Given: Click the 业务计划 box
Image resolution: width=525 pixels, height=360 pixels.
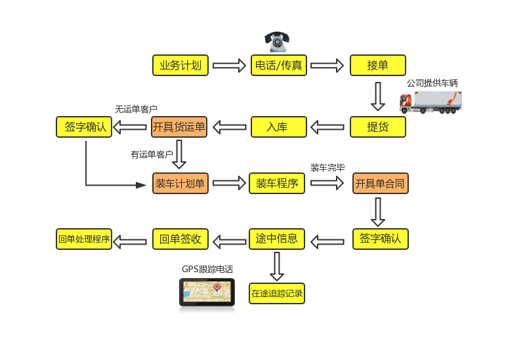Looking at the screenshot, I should pos(180,66).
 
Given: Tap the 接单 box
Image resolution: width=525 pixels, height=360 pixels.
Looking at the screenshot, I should pos(377,66).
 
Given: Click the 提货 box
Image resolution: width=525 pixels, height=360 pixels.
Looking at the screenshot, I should pos(377,127).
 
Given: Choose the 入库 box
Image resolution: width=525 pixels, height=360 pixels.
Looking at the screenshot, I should pos(279,127).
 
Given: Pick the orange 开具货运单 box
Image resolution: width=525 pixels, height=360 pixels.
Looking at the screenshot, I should pos(179,127).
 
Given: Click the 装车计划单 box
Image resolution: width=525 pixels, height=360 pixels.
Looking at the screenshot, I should pos(180,183).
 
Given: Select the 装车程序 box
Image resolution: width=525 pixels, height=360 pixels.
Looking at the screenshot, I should pos(277,183).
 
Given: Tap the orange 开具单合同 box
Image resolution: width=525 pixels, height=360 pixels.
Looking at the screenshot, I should pos(381,183).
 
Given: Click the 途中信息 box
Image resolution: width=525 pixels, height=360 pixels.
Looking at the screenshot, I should pos(277,239).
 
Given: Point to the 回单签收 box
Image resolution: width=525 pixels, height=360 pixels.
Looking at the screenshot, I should pos(180,239).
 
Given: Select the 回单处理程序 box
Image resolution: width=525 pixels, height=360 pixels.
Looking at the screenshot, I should pos(84,239).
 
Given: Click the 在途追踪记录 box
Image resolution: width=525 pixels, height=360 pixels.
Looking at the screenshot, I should pos(277,293).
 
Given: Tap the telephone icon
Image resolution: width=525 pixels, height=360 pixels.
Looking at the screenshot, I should pos(277,41).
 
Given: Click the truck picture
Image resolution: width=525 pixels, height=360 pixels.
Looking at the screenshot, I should pos(431,102).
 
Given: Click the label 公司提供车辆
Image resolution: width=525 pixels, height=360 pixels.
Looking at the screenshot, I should pos(432,83).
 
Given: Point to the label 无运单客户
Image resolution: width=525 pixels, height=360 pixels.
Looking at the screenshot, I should pos(136,109).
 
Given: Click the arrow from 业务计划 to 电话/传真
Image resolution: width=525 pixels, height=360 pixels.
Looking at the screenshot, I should pos(229,66).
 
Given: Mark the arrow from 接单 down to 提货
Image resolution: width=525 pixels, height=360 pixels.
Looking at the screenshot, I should pos(377,96).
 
